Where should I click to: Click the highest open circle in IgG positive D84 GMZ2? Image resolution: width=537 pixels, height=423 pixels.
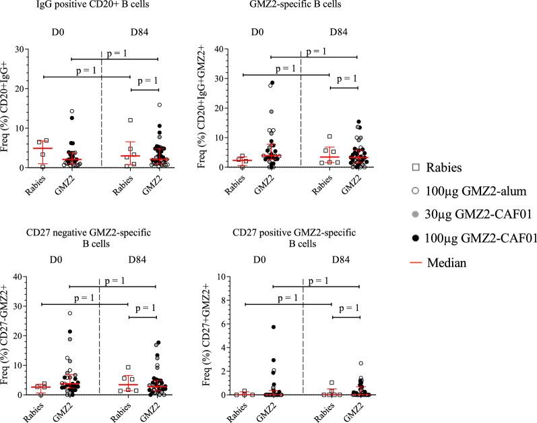click(x=159, y=105)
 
